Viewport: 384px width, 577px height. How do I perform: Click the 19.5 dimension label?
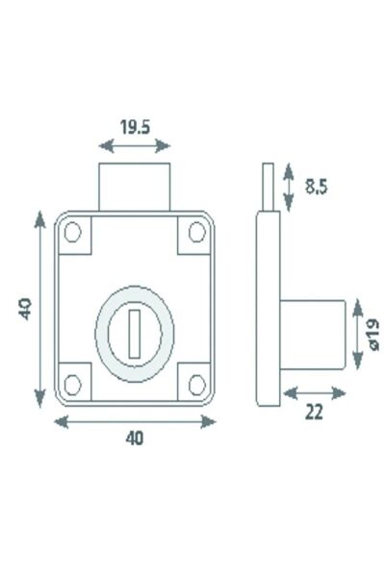click(136, 125)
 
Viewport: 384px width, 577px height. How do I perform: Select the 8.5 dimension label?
click(316, 188)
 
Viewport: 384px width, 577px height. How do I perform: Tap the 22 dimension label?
click(314, 413)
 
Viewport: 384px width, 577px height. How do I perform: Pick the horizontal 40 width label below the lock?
click(134, 439)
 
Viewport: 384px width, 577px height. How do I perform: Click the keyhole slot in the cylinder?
click(135, 327)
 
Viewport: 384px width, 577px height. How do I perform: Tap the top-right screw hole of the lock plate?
click(196, 231)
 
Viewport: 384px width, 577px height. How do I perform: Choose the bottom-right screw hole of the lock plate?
click(196, 384)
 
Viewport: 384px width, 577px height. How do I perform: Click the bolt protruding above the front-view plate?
click(136, 188)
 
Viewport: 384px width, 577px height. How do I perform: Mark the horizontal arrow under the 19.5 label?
click(136, 146)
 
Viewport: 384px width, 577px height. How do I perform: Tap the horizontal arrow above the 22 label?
click(312, 392)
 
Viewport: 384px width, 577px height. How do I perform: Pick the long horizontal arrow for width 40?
click(135, 421)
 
